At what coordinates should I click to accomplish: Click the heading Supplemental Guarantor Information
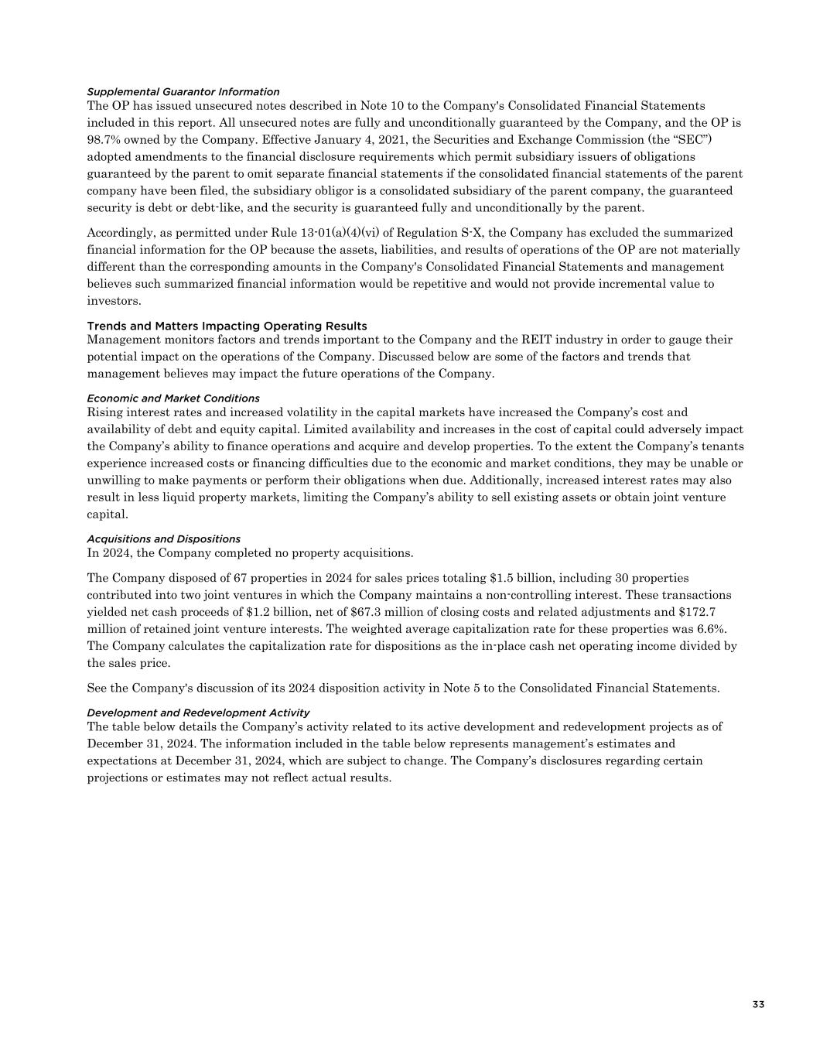(x=183, y=92)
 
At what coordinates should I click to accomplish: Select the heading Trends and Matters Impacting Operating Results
(x=227, y=326)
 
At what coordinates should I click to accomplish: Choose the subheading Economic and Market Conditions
(x=173, y=398)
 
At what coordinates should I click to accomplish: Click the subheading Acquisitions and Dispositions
(x=163, y=539)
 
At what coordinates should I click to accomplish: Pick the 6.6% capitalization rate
(x=712, y=629)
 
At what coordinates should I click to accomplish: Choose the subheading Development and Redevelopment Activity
(x=198, y=713)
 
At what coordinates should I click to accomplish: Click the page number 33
(x=758, y=1005)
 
